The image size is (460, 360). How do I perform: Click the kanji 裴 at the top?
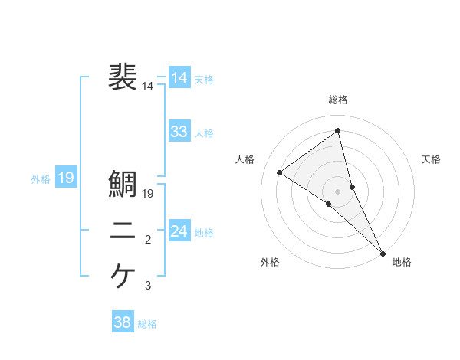123,78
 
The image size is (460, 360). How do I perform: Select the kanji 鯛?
123,184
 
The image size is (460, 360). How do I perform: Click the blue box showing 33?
179,132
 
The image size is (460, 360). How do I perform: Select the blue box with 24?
179,231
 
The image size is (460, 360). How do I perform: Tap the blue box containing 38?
123,322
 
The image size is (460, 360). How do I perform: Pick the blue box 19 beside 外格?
66,178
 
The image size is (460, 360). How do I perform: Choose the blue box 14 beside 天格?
179,78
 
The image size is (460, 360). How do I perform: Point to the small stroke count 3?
148,286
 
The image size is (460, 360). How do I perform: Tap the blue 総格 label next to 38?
148,324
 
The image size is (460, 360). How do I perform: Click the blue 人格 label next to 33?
205,133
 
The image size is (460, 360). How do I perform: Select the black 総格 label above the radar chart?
338,100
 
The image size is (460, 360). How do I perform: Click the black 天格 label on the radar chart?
432,159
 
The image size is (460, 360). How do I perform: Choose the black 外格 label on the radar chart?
270,263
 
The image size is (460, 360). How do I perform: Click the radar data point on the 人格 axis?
280,172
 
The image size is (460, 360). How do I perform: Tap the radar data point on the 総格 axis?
338,131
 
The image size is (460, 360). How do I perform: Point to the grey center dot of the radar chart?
338,191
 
